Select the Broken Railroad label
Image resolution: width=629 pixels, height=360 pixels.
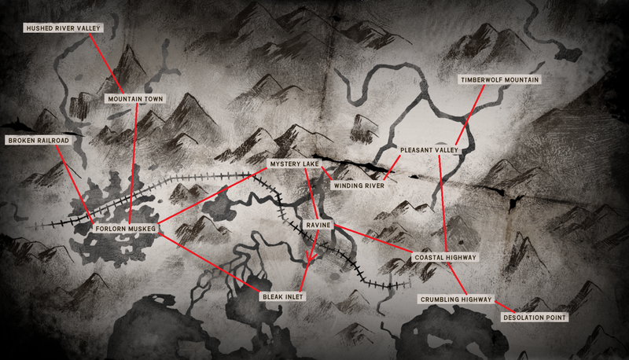[x=38, y=140]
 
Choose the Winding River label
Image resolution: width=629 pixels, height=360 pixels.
[x=358, y=186]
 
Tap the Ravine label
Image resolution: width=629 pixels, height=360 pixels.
[x=318, y=226]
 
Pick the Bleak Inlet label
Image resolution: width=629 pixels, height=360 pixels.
[x=282, y=296]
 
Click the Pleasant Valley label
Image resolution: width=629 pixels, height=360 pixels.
[x=429, y=149]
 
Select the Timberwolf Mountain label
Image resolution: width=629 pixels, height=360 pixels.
[x=501, y=80]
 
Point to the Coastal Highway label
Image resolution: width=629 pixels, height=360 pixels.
[x=445, y=257]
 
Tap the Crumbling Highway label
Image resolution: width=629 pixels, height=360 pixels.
[x=456, y=299]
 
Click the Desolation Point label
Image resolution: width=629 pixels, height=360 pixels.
[x=535, y=318]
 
